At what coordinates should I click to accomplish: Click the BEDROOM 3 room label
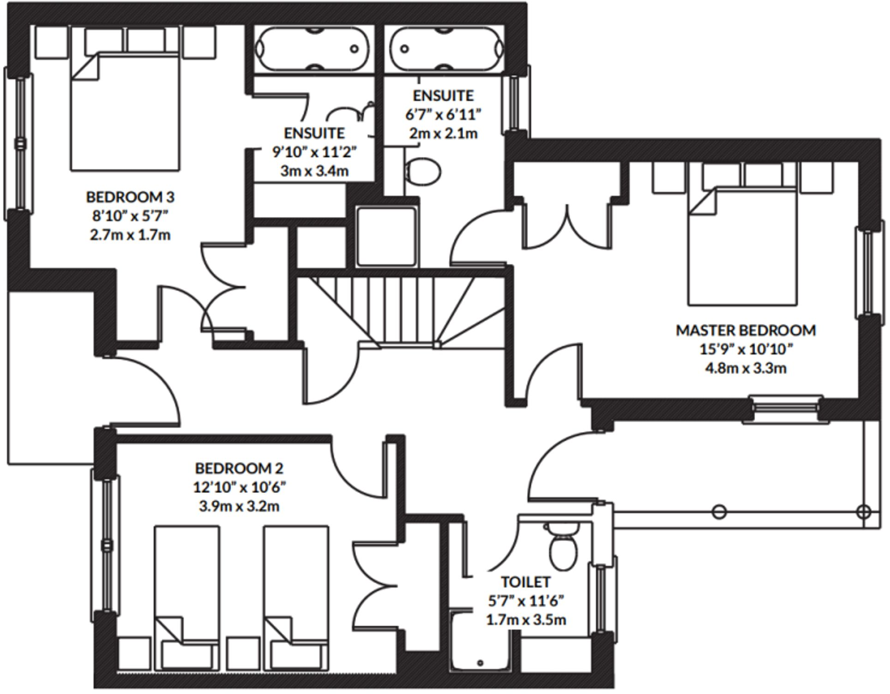pos(130,197)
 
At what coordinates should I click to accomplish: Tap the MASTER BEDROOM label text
pos(746,331)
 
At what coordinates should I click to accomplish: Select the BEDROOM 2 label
pos(239,469)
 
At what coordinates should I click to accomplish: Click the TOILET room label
pos(526,582)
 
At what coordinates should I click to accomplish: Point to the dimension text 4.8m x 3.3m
pos(746,369)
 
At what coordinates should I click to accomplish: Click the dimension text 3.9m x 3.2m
pos(239,507)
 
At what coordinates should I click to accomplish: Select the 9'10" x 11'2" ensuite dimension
pos(314,152)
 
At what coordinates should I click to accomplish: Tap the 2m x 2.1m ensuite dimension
pos(443,134)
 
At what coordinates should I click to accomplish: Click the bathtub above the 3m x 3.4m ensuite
pos(313,48)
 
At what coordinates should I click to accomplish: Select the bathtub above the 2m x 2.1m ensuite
pos(446,48)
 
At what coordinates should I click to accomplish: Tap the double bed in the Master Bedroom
pos(742,247)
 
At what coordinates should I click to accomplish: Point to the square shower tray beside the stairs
pos(386,237)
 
